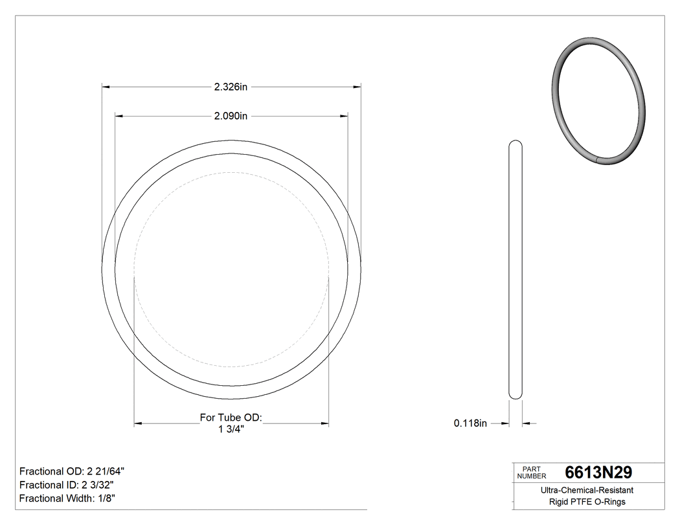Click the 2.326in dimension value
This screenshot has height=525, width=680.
click(231, 86)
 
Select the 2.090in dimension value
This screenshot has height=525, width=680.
click(231, 117)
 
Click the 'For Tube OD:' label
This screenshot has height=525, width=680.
click(231, 418)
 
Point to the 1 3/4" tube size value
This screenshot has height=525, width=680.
click(231, 429)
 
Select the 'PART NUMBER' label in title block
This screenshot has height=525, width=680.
click(531, 473)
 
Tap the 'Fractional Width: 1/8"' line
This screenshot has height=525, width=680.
click(67, 498)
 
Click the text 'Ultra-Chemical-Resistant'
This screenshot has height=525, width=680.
click(587, 491)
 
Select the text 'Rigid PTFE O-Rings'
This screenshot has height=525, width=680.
click(587, 502)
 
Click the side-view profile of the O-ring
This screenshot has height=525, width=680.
click(516, 269)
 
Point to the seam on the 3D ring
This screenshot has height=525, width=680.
click(596, 158)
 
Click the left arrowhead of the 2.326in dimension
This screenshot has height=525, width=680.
click(106, 86)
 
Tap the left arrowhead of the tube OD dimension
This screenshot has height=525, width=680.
click(138, 423)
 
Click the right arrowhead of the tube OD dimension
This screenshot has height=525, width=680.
click(324, 423)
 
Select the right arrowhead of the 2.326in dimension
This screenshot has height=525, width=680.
click(356, 86)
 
